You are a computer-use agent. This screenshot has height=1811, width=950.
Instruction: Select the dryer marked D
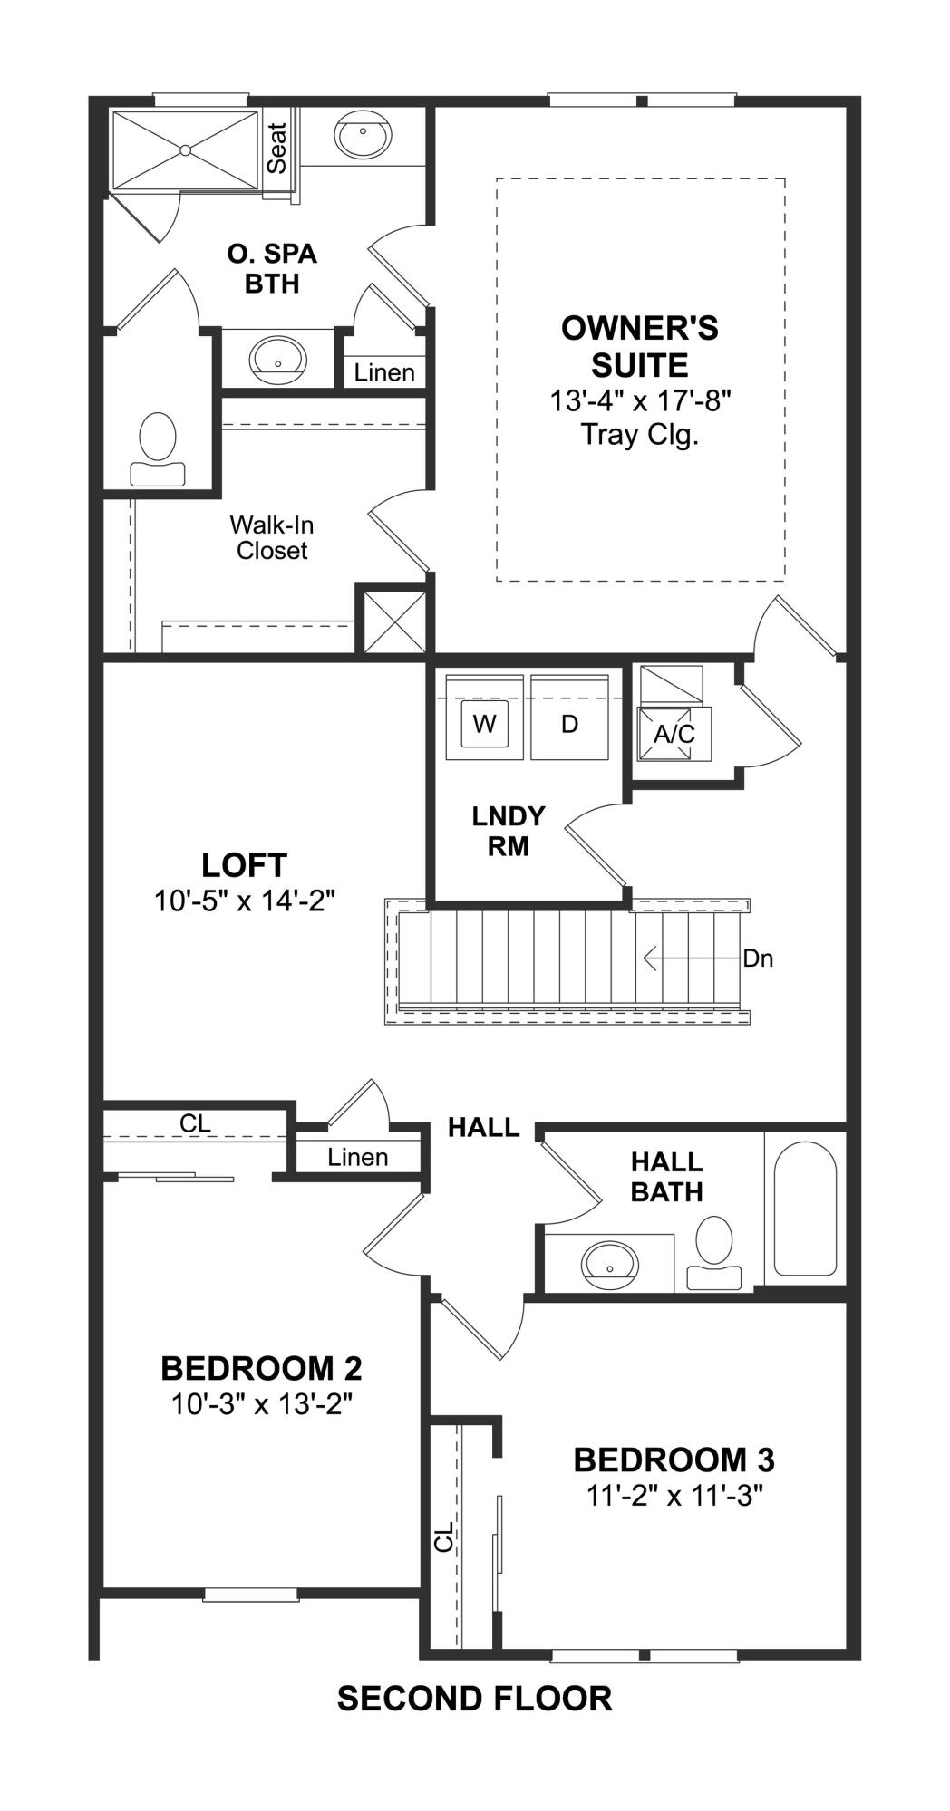coord(569,717)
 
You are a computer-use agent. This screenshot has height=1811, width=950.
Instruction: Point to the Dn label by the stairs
coord(758,958)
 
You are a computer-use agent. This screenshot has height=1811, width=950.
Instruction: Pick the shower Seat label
coord(276,149)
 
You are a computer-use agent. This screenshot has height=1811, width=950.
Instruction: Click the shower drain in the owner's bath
coord(185,149)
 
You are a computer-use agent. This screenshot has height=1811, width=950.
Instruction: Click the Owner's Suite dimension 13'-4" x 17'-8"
coord(640,400)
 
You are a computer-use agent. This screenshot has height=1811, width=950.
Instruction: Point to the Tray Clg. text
coord(640,435)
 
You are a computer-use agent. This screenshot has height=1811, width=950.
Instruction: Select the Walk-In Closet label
coord(272,537)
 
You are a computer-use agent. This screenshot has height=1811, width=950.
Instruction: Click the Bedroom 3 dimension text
coord(674,1495)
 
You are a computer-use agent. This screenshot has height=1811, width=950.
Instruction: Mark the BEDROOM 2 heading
coord(262,1367)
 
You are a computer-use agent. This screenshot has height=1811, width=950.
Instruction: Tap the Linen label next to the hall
coord(358,1157)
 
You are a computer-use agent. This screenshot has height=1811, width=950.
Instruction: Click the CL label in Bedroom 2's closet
coord(195,1123)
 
